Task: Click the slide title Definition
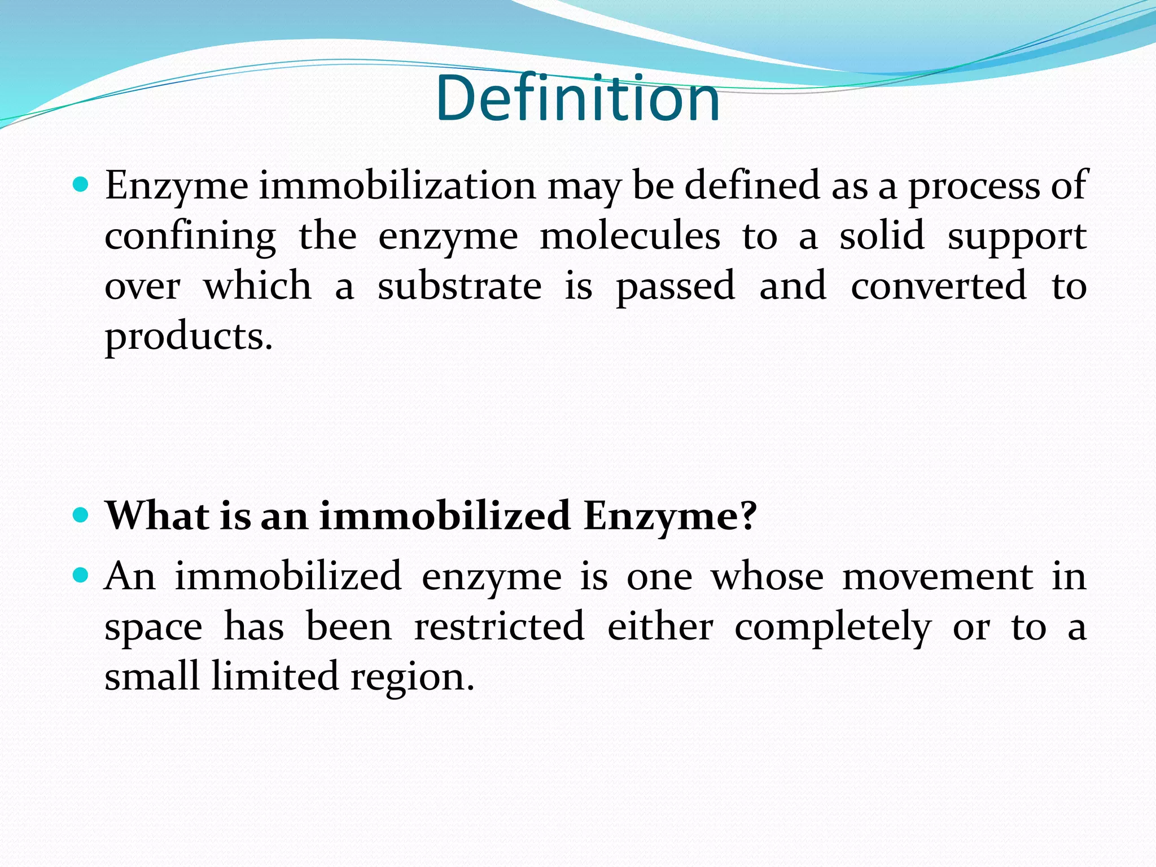[x=577, y=98]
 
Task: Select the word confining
[x=190, y=236]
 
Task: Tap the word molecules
[x=630, y=235]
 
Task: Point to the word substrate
[x=459, y=286]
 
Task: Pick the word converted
[x=938, y=286]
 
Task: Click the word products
[x=189, y=336]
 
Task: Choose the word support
[x=1017, y=236]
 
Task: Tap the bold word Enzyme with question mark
[x=669, y=516]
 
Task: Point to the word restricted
[x=499, y=627]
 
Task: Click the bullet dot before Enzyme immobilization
[x=81, y=184]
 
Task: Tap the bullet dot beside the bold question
[x=81, y=515]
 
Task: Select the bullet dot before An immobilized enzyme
[x=81, y=575]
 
